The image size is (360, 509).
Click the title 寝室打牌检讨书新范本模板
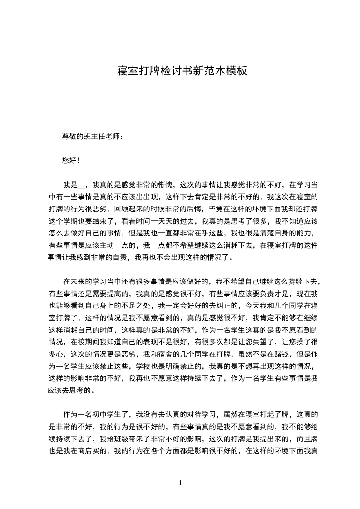[x=182, y=71]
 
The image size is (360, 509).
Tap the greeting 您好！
[x=71, y=161]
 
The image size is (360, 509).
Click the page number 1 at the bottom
[x=181, y=483]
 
